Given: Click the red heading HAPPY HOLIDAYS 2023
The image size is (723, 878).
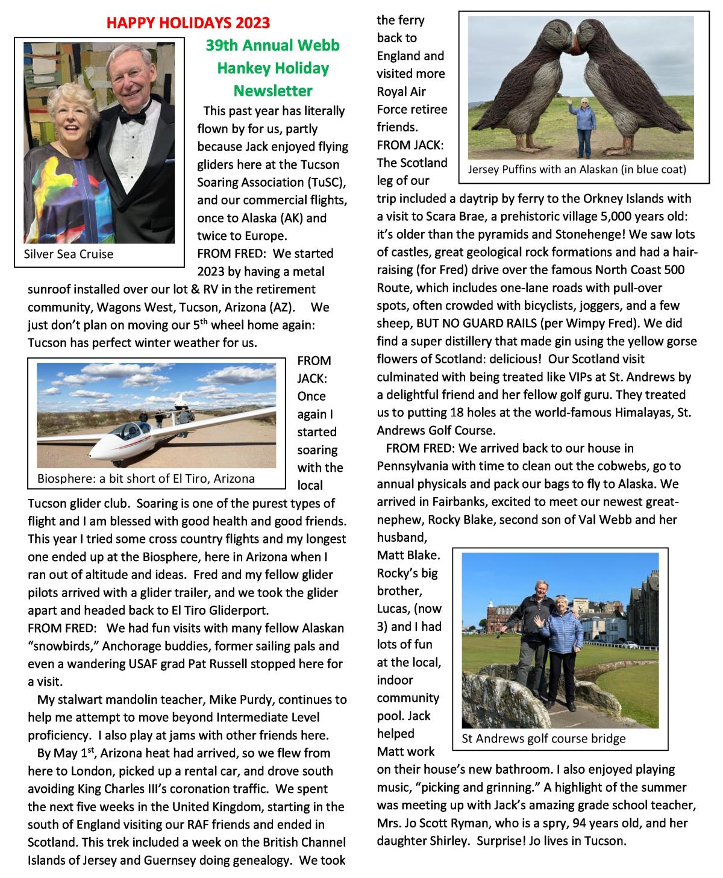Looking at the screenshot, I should [x=188, y=24].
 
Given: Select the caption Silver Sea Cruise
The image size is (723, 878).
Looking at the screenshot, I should [x=68, y=254].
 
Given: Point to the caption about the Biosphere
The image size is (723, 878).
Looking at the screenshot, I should [x=146, y=478].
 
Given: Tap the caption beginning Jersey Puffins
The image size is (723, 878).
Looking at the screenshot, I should [x=577, y=169].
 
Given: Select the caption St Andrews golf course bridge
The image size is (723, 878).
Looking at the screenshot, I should [x=543, y=738].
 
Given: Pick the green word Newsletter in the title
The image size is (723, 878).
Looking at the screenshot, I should [x=273, y=91].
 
